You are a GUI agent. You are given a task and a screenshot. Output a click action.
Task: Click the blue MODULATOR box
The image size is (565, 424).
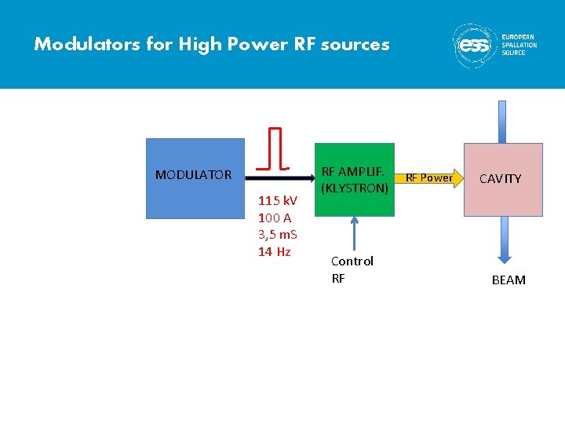click(195, 178)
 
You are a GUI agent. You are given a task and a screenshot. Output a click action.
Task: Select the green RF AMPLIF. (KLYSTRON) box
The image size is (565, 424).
click(354, 179)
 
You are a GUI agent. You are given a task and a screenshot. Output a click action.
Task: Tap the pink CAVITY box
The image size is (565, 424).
click(503, 179)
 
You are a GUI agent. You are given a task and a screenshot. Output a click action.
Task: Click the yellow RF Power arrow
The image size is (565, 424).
click(428, 177)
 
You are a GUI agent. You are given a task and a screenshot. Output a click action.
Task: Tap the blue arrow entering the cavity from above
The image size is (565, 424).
click(503, 121)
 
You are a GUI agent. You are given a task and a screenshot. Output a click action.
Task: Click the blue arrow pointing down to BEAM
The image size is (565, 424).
click(503, 239)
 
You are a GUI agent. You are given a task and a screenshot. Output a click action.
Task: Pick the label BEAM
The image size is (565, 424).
click(508, 280)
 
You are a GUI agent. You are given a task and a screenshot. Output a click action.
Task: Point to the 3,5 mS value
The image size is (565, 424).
click(277, 235)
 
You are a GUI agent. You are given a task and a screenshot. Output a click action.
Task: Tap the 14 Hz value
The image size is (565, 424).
click(275, 251)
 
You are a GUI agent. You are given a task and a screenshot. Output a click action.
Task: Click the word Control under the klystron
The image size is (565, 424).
click(352, 261)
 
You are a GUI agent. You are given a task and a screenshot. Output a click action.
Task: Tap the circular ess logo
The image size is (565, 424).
click(474, 45)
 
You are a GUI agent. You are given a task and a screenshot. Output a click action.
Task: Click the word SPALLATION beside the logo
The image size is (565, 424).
click(519, 45)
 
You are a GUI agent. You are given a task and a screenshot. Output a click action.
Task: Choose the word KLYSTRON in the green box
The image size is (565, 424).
click(355, 188)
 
